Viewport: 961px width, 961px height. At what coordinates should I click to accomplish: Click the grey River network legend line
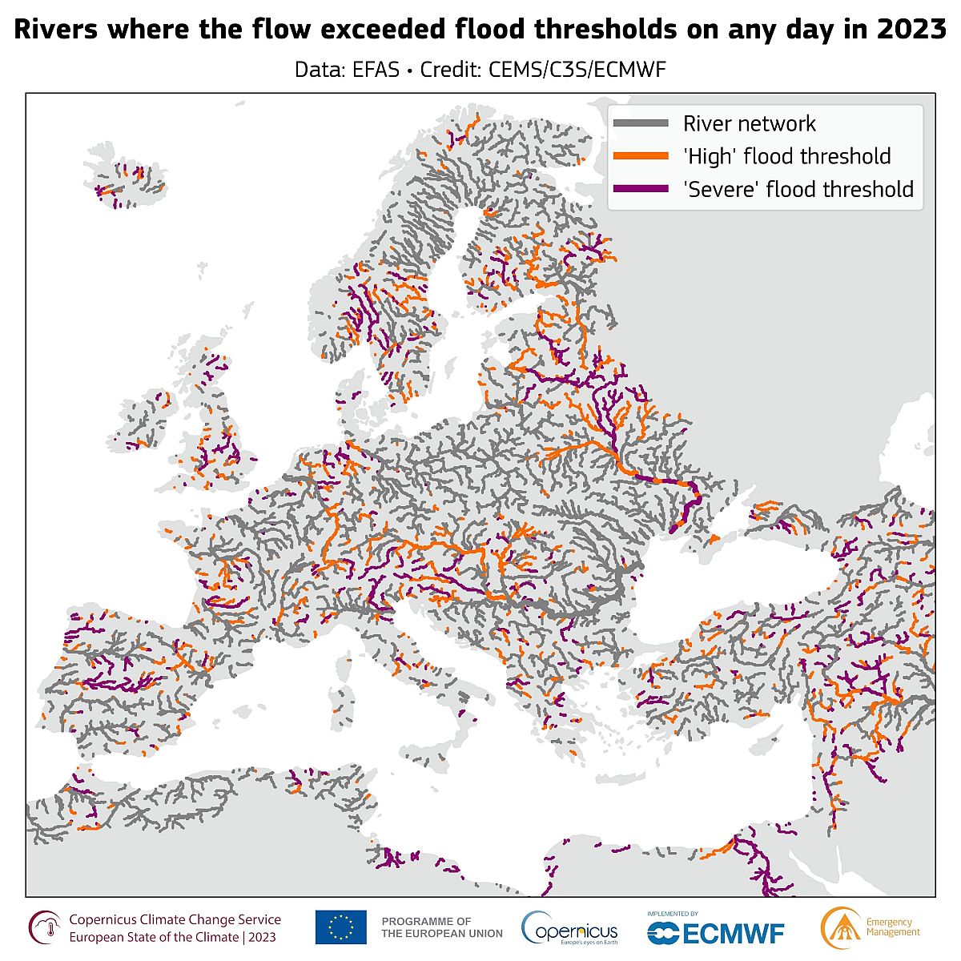click(641, 123)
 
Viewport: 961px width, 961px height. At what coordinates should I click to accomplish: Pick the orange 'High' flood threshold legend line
click(641, 156)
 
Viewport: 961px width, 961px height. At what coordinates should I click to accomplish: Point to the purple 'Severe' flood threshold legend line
click(641, 189)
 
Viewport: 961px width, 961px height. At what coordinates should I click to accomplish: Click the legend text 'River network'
click(749, 123)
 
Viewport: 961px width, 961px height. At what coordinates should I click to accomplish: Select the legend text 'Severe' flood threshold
click(798, 189)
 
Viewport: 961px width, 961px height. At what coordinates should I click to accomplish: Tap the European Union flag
click(340, 927)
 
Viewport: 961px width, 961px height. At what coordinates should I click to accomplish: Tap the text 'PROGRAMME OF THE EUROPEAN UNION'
click(442, 927)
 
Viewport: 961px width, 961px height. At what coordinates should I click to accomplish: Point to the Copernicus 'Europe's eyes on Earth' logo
click(570, 929)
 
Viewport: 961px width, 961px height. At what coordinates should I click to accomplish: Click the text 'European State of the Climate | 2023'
click(173, 937)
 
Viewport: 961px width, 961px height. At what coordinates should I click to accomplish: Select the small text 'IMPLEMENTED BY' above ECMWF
click(673, 913)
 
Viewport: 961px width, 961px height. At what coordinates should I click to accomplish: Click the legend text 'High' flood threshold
click(786, 156)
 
